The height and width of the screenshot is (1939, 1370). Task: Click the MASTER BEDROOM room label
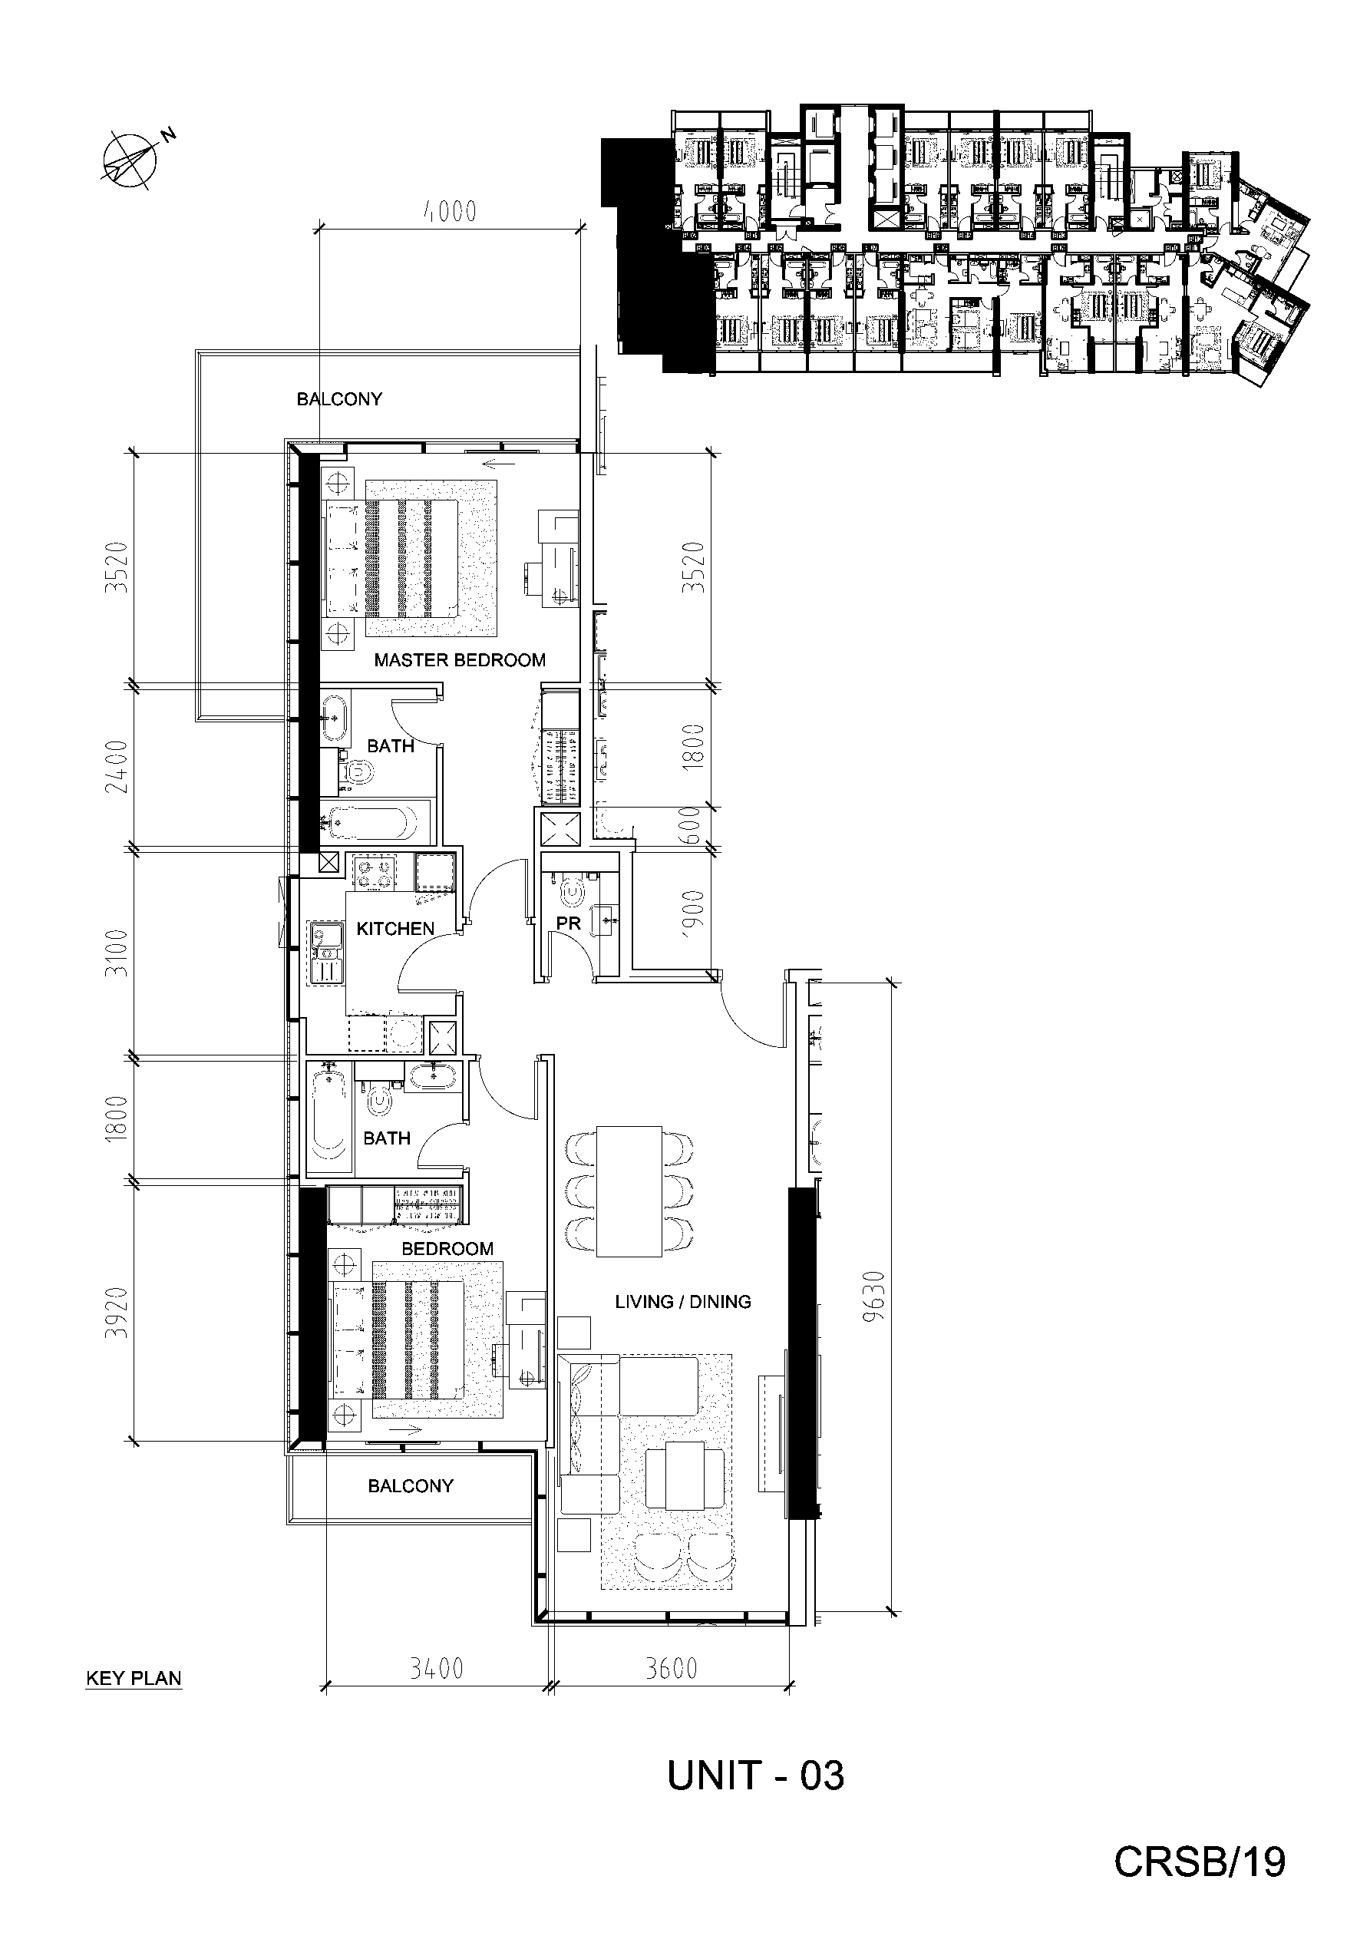(460, 660)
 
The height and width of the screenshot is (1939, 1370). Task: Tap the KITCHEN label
(394, 929)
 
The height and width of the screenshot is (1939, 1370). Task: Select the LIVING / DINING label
(682, 1302)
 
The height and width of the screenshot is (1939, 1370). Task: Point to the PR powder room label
(569, 924)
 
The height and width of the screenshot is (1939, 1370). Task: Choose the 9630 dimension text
(876, 1296)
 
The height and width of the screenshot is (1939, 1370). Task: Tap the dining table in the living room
(629, 1191)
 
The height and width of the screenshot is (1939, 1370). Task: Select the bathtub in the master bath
(370, 821)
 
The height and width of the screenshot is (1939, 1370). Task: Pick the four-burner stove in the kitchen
(375, 872)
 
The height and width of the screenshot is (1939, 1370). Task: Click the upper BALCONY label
(338, 399)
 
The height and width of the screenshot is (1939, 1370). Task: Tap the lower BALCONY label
(411, 1485)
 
